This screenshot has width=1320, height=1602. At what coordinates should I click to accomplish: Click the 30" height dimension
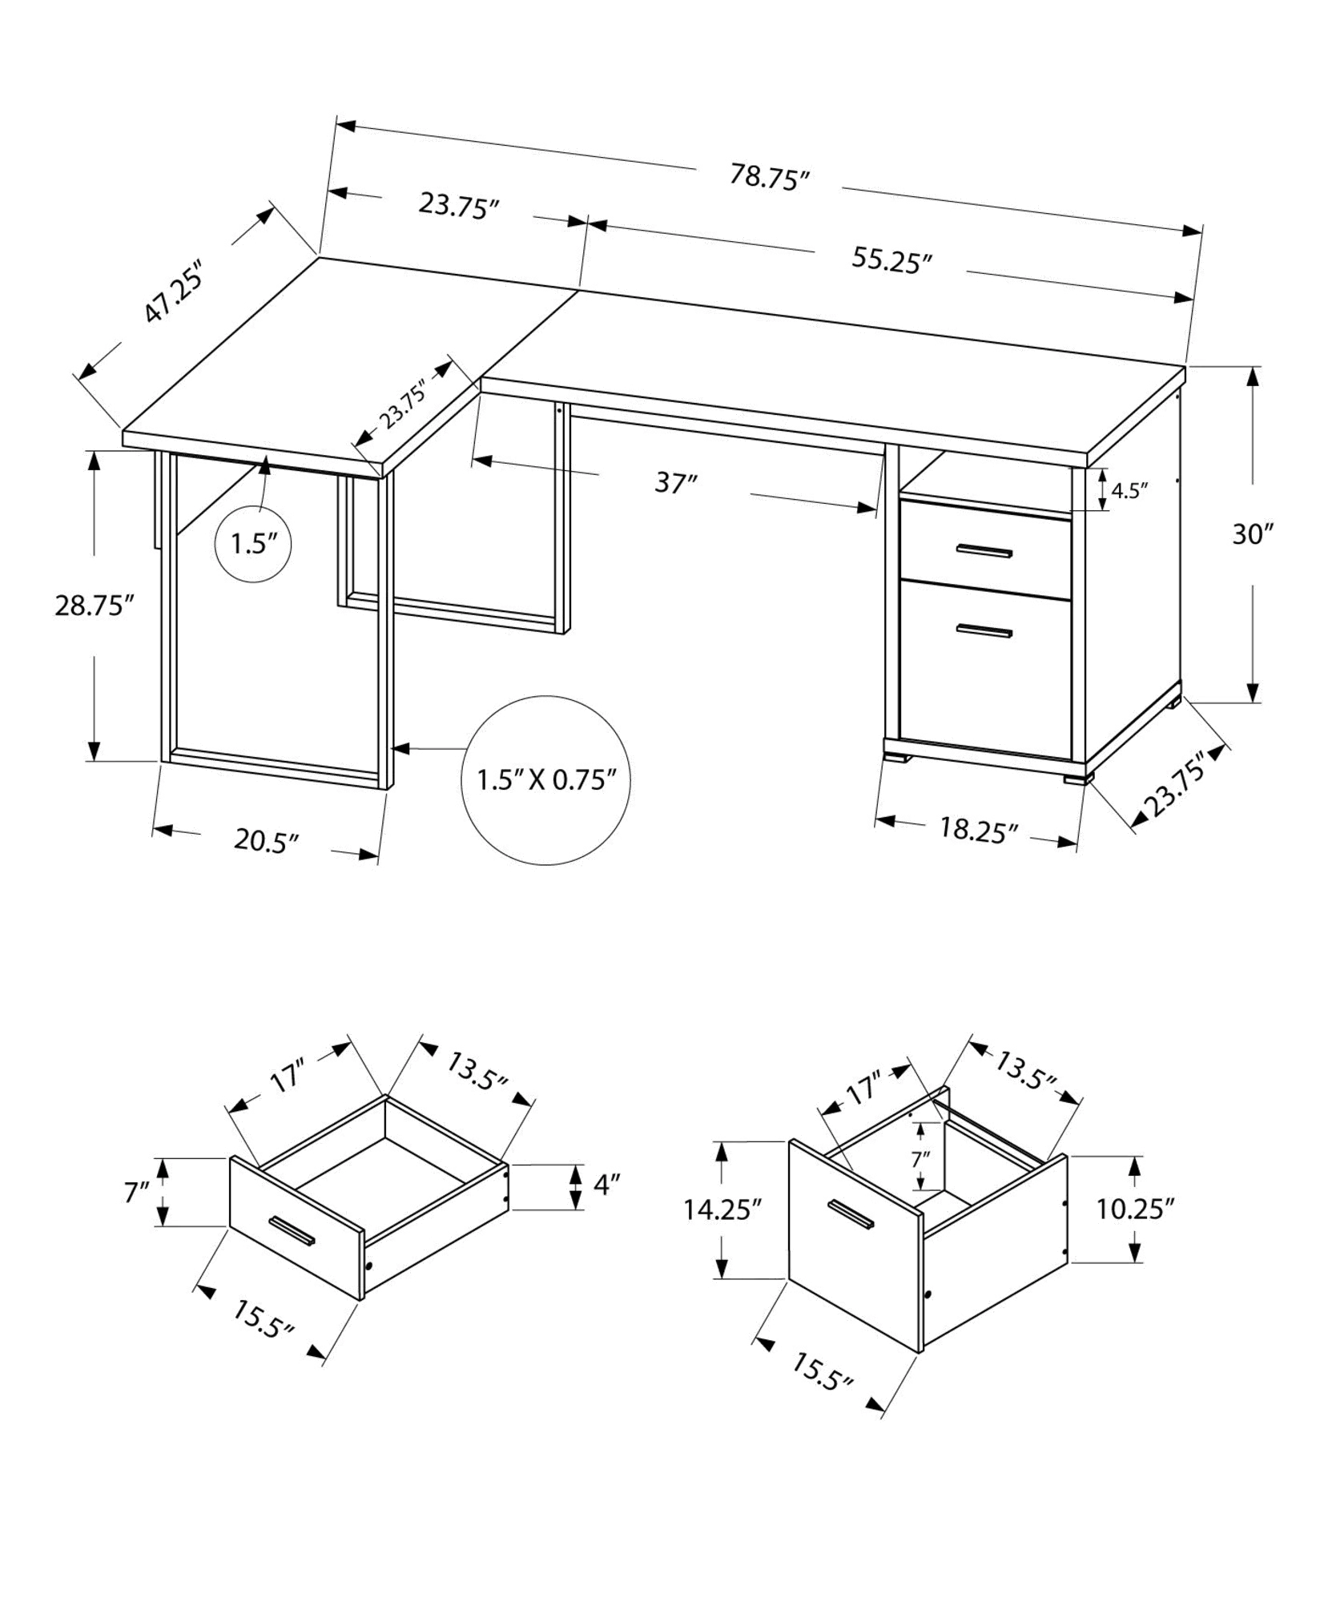[1252, 533]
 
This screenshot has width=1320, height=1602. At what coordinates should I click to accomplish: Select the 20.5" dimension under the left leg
[266, 840]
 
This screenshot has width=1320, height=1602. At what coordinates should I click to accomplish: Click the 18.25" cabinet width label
[978, 830]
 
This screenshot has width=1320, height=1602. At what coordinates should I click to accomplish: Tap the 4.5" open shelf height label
[1129, 490]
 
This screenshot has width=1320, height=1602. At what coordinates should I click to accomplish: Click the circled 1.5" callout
[253, 545]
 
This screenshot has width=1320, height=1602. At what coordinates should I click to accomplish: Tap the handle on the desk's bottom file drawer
[984, 631]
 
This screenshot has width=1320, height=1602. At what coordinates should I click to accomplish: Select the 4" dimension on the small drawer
[607, 1185]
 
